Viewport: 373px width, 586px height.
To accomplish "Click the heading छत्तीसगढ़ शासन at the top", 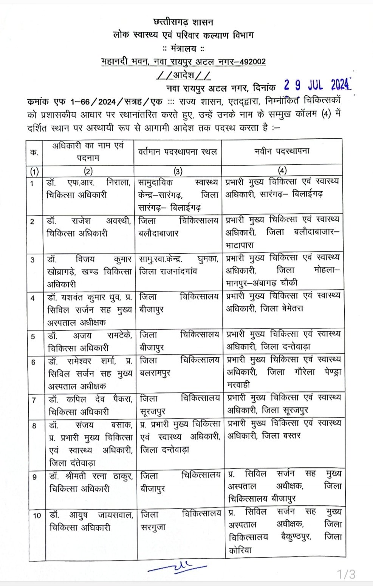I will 183,22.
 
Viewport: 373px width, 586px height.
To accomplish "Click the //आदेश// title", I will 183,75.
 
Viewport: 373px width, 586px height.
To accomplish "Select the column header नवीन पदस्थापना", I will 282,151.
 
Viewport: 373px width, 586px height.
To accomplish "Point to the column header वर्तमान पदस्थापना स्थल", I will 177,152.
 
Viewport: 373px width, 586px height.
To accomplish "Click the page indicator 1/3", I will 346,575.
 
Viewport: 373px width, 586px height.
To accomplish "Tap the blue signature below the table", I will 178,567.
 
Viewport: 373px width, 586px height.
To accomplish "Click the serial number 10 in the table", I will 37,515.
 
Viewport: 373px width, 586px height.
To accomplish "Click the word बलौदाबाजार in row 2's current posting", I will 158,234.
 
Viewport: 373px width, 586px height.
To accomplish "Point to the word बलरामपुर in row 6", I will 155,374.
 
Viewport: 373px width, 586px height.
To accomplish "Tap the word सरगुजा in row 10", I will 153,527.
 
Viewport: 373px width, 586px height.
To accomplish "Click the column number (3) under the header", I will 177,171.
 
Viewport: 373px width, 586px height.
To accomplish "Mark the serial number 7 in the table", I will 34,400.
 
